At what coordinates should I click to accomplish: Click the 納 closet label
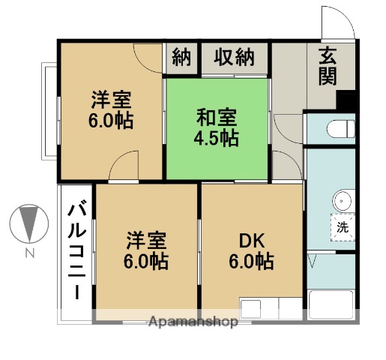tap(181, 57)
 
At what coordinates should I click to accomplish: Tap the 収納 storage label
tap(234, 57)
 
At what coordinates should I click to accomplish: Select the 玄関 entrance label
tap(327, 66)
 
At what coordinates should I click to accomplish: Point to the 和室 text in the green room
tap(216, 118)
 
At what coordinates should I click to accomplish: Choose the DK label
tap(251, 241)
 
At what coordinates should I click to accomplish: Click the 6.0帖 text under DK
tap(251, 262)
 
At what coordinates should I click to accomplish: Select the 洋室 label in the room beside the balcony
tap(145, 241)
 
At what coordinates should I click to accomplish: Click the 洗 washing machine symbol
tap(342, 225)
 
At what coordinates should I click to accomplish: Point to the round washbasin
tap(343, 200)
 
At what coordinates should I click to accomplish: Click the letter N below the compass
tap(29, 253)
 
